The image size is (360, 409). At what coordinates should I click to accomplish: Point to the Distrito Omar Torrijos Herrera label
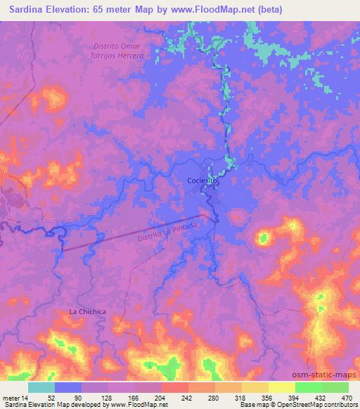pyautogui.click(x=118, y=51)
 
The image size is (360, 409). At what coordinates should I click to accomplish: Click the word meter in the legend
pyautogui.click(x=11, y=397)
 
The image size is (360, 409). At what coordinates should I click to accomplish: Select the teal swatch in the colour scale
pyautogui.click(x=41, y=387)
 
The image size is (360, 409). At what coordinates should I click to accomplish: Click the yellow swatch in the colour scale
pyautogui.click(x=281, y=387)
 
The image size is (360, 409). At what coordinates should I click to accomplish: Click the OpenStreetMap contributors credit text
pyautogui.click(x=323, y=405)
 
